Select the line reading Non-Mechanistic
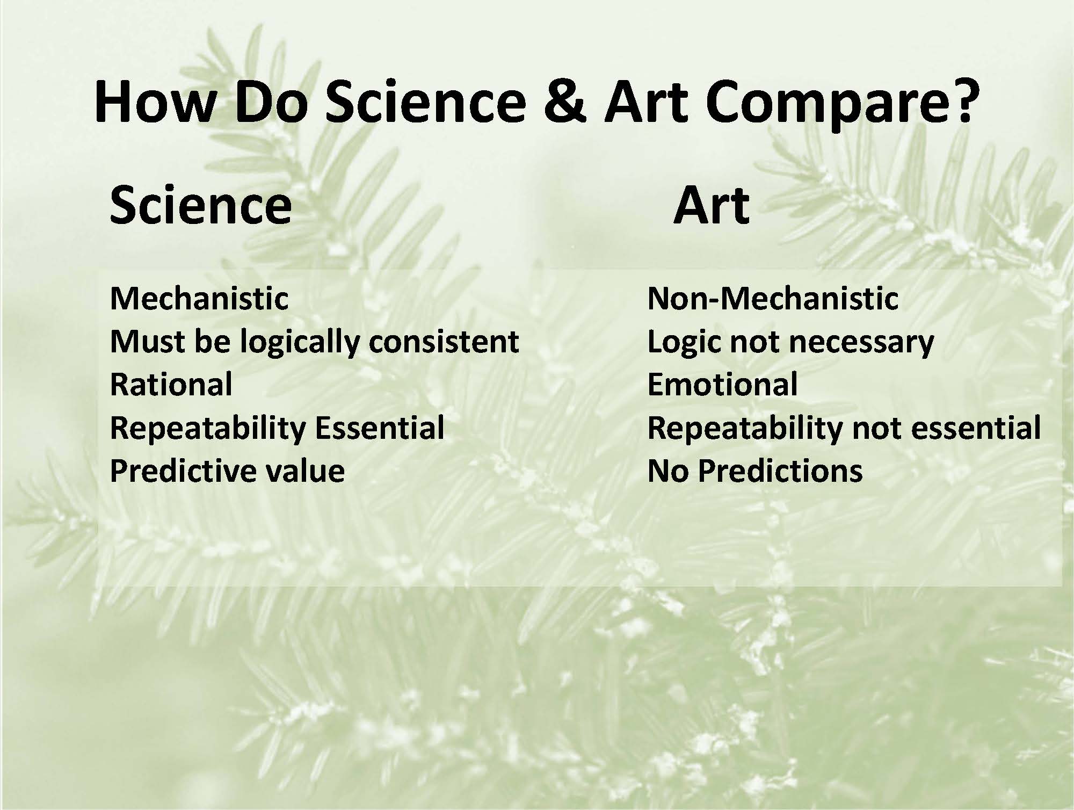pos(773,298)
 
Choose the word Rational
pos(171,384)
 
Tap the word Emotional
pos(722,384)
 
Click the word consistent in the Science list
pos(444,342)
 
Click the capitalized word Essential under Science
pos(380,428)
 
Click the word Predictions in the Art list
pos(780,471)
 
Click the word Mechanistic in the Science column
pos(199,298)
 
